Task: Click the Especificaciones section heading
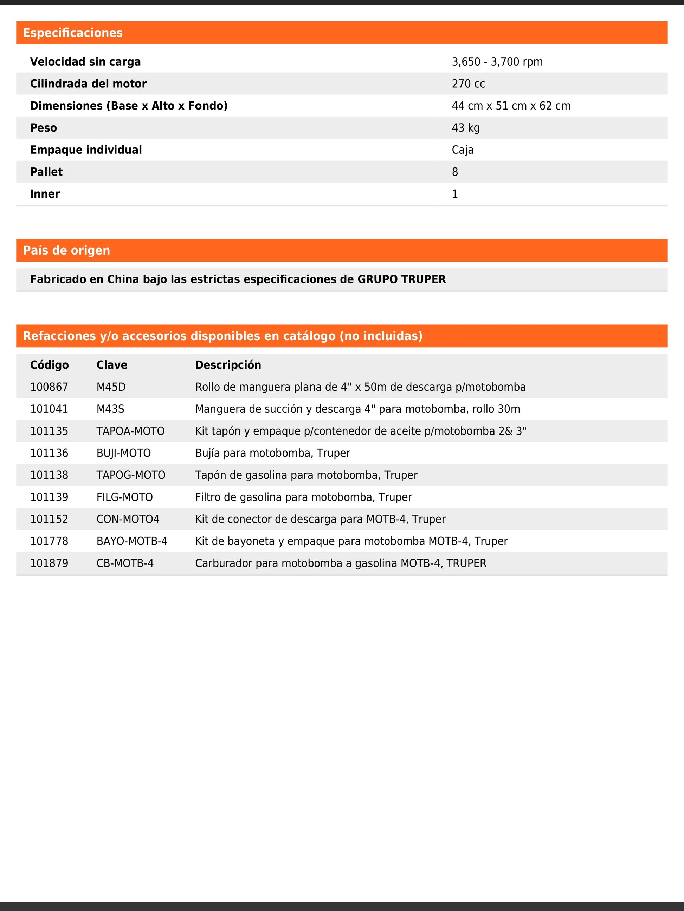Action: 72,33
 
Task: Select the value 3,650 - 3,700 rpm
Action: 497,62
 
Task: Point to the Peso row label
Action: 43,128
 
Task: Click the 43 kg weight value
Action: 465,128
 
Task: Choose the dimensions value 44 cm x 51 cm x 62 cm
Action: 511,106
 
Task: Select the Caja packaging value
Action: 462,150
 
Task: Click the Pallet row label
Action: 46,172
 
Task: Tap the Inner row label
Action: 45,194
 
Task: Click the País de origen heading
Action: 66,250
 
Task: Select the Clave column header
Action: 112,365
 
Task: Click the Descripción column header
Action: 228,365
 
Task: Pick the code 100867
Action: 49,387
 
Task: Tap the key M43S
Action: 110,409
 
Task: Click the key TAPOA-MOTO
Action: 130,431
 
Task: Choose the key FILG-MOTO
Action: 124,497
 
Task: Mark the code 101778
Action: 49,541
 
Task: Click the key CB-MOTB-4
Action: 125,563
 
